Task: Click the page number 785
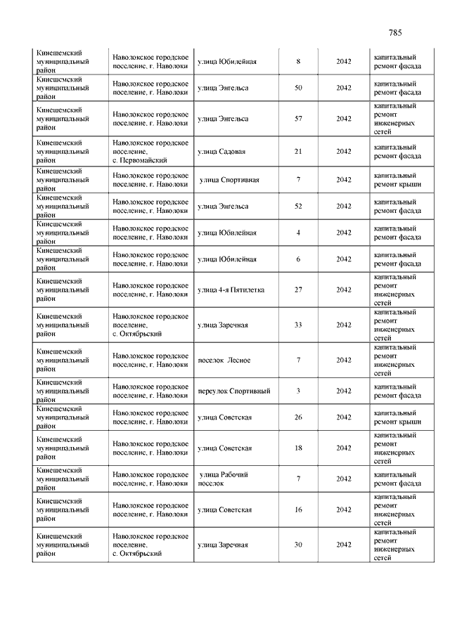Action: [x=394, y=33]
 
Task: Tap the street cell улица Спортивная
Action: [x=229, y=180]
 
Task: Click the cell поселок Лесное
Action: [x=224, y=361]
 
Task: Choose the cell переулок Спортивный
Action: [x=234, y=391]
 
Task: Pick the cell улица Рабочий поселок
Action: [x=223, y=479]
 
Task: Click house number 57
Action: [x=298, y=119]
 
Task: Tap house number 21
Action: [x=298, y=151]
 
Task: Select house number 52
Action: [x=298, y=206]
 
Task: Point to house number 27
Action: [x=298, y=290]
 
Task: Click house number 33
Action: [x=298, y=325]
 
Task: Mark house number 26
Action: [x=298, y=417]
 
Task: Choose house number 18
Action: [x=298, y=448]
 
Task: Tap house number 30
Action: [x=298, y=545]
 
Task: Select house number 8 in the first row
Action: [x=298, y=62]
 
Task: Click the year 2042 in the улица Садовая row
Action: [x=343, y=151]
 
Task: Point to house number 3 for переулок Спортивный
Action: [x=298, y=391]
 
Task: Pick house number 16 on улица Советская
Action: [x=298, y=510]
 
